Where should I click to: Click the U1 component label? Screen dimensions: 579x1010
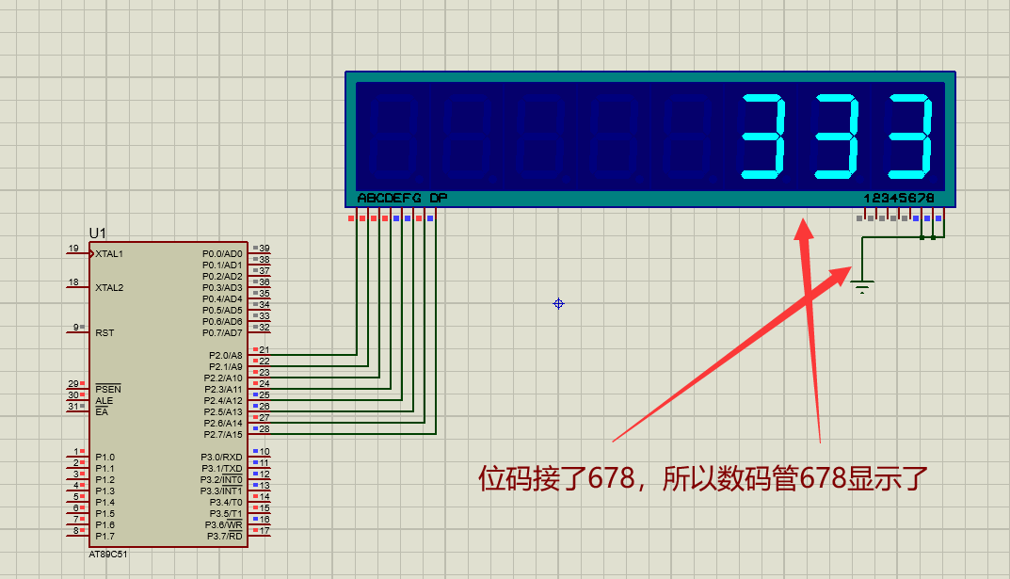98,233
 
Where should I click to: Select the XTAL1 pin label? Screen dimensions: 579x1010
109,254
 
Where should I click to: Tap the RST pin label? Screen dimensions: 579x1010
105,333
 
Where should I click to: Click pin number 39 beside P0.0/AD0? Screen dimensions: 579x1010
265,249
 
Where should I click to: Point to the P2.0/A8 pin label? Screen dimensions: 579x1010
225,356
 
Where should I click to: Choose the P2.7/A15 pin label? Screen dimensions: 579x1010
223,435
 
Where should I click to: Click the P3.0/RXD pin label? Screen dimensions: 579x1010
221,458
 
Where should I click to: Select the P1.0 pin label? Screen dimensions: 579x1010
105,458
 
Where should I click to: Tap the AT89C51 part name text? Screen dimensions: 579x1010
108,555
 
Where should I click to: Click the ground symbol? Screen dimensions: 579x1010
862,285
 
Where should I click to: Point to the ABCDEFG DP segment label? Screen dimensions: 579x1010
402,199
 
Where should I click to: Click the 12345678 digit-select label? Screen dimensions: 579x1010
899,199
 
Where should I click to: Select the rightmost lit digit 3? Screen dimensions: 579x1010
912,137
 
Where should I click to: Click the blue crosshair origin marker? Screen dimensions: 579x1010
558,303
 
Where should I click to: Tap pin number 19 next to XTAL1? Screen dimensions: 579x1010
73,249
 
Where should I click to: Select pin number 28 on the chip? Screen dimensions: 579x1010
265,429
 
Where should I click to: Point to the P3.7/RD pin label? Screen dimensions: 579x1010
224,537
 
